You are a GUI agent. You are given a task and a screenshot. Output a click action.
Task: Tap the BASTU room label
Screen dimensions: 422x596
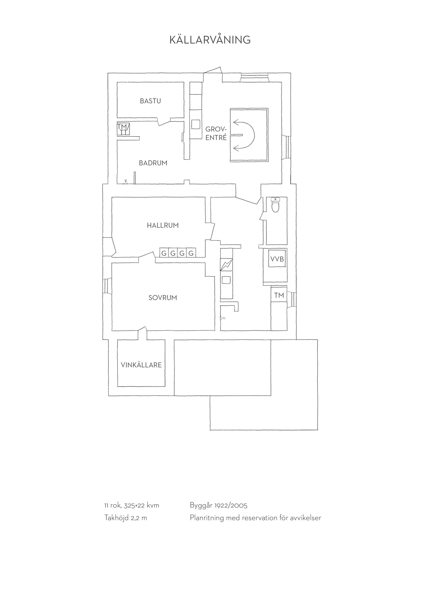click(151, 101)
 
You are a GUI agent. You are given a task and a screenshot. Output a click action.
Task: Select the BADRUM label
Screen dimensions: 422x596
click(153, 163)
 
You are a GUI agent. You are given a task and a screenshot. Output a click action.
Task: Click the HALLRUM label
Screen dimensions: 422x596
click(163, 225)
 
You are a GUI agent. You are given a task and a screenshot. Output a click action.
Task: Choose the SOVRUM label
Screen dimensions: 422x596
click(163, 298)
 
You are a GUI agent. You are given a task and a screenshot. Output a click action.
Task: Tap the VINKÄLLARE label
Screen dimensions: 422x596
click(141, 365)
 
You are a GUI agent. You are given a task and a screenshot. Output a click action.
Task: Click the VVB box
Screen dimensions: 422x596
click(277, 259)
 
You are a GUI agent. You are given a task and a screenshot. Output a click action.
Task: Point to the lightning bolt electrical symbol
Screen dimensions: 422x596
click(227, 265)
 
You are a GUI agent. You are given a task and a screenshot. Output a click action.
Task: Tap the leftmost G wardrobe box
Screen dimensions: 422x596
click(164, 253)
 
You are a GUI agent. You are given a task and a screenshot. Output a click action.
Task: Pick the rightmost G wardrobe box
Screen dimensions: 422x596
click(191, 253)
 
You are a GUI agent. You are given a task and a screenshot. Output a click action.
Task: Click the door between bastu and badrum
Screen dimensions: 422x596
click(164, 121)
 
